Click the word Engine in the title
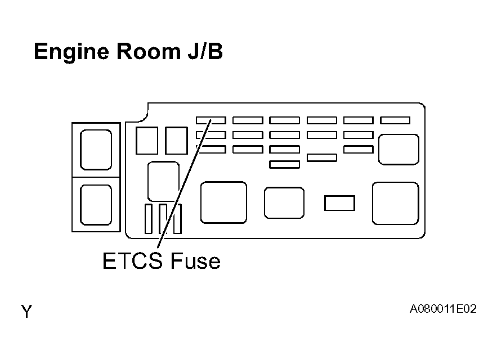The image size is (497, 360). [71, 52]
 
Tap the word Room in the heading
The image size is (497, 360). [149, 51]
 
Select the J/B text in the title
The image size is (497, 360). [205, 51]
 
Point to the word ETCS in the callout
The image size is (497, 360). [132, 261]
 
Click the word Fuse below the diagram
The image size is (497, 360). [195, 261]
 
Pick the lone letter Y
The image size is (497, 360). [26, 312]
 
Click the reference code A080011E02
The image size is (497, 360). [443, 309]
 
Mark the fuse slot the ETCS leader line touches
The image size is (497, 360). [211, 120]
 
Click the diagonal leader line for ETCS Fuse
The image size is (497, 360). [184, 183]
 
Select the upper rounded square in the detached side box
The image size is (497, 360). [96, 150]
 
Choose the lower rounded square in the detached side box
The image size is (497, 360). [96, 205]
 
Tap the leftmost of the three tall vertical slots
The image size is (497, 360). [149, 219]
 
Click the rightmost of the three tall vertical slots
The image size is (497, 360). [177, 219]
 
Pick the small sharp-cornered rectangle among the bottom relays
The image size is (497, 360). [339, 203]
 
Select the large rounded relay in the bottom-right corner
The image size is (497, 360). [396, 204]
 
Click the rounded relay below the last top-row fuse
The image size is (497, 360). [399, 150]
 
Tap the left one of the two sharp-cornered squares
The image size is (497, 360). [147, 141]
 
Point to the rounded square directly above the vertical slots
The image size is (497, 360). [164, 181]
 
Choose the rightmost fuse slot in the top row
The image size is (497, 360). [395, 120]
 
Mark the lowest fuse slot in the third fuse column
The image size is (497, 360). [284, 164]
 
